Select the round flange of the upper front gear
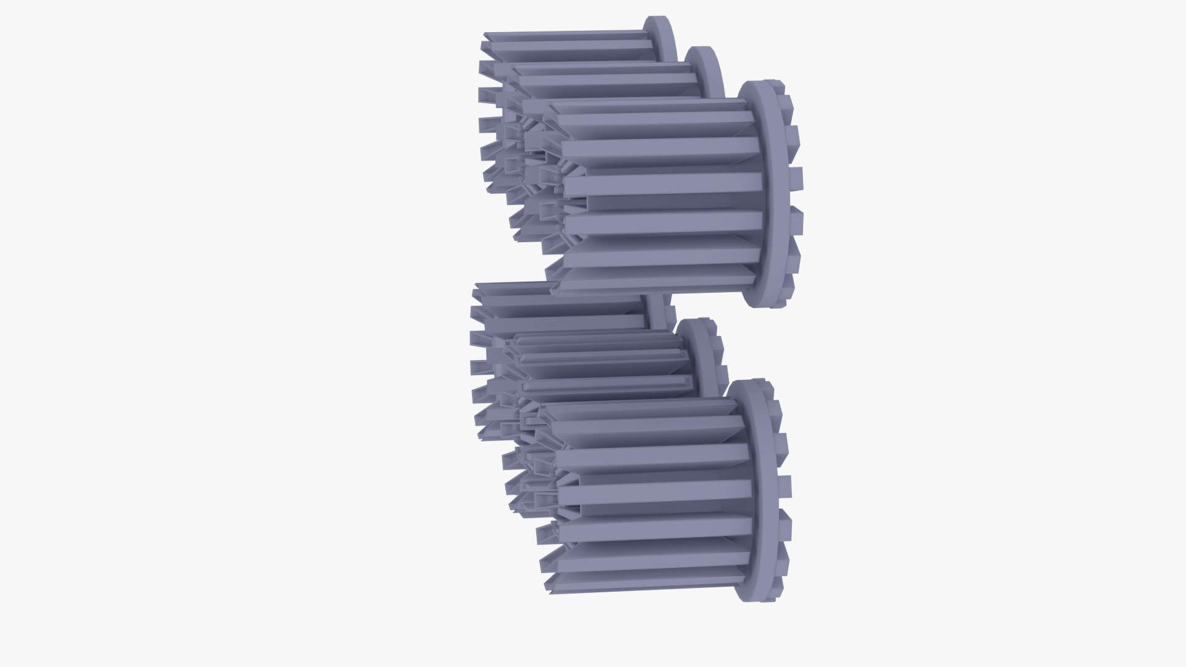pos(766,191)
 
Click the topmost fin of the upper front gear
pos(649,106)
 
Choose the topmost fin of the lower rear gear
pos(556,288)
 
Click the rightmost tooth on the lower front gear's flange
pos(784,485)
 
